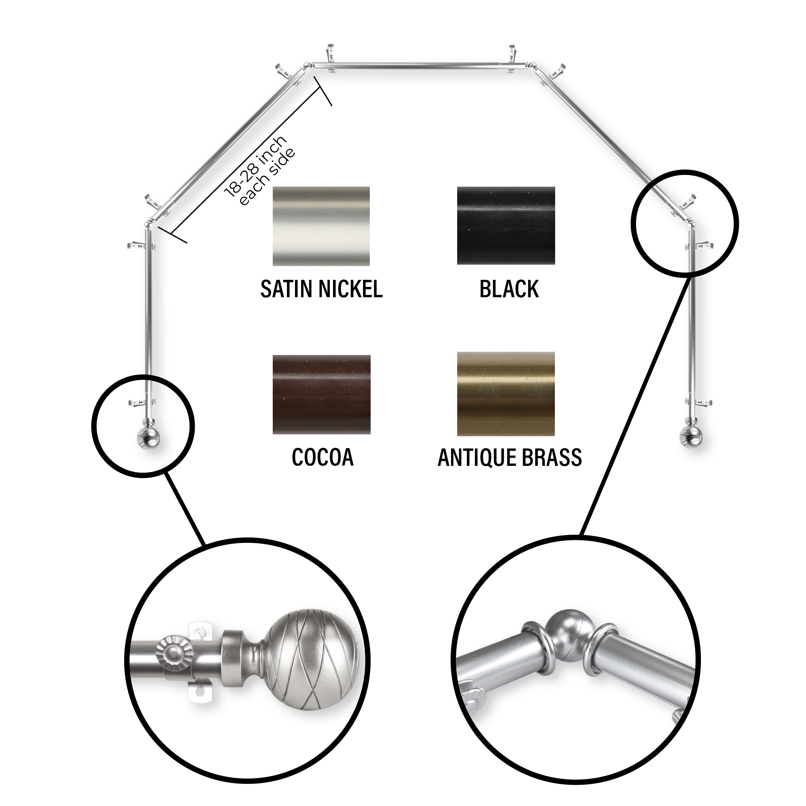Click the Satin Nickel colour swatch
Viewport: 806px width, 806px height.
pyautogui.click(x=321, y=226)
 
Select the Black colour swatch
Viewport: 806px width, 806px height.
pyautogui.click(x=506, y=225)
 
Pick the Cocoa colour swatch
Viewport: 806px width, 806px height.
pyautogui.click(x=321, y=394)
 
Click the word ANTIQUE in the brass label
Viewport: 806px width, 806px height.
pyautogui.click(x=472, y=458)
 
